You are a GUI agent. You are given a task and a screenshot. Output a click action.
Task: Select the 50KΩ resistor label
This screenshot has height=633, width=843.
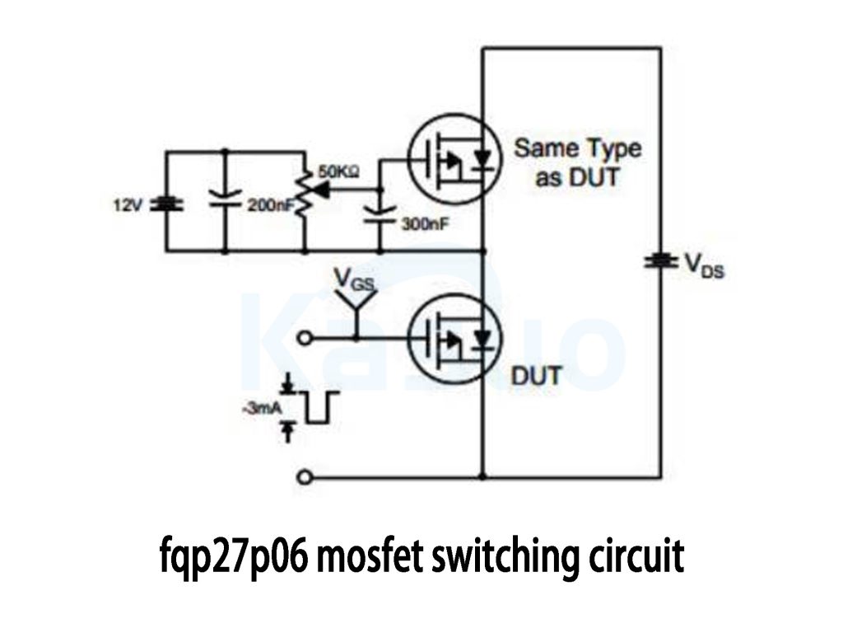point(338,172)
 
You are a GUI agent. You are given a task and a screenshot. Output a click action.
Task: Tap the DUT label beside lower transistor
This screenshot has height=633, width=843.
point(537,377)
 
